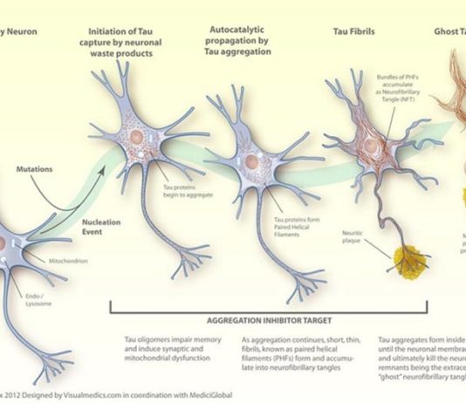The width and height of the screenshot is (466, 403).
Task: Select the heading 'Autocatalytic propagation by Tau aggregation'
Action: (240, 40)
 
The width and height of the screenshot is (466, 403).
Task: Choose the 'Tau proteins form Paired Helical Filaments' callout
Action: (298, 225)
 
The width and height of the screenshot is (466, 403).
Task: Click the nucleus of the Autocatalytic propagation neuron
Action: (250, 161)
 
